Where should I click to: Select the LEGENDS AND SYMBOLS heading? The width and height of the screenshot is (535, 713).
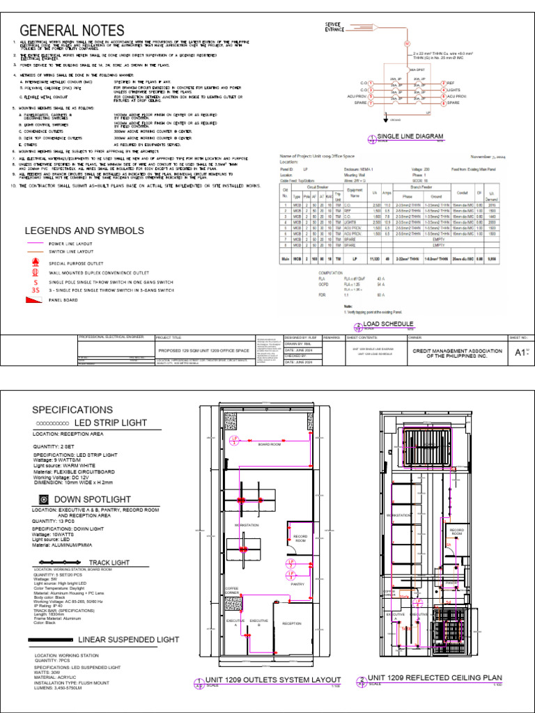(x=85, y=230)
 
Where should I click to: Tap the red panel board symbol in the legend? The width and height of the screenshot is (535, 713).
(x=35, y=300)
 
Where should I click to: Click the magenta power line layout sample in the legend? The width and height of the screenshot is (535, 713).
(x=34, y=244)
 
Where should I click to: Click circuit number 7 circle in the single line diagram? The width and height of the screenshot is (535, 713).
(x=371, y=103)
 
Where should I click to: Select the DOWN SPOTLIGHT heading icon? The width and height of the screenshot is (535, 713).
(x=43, y=499)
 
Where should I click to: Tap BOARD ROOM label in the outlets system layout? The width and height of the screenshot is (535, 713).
(x=270, y=444)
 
